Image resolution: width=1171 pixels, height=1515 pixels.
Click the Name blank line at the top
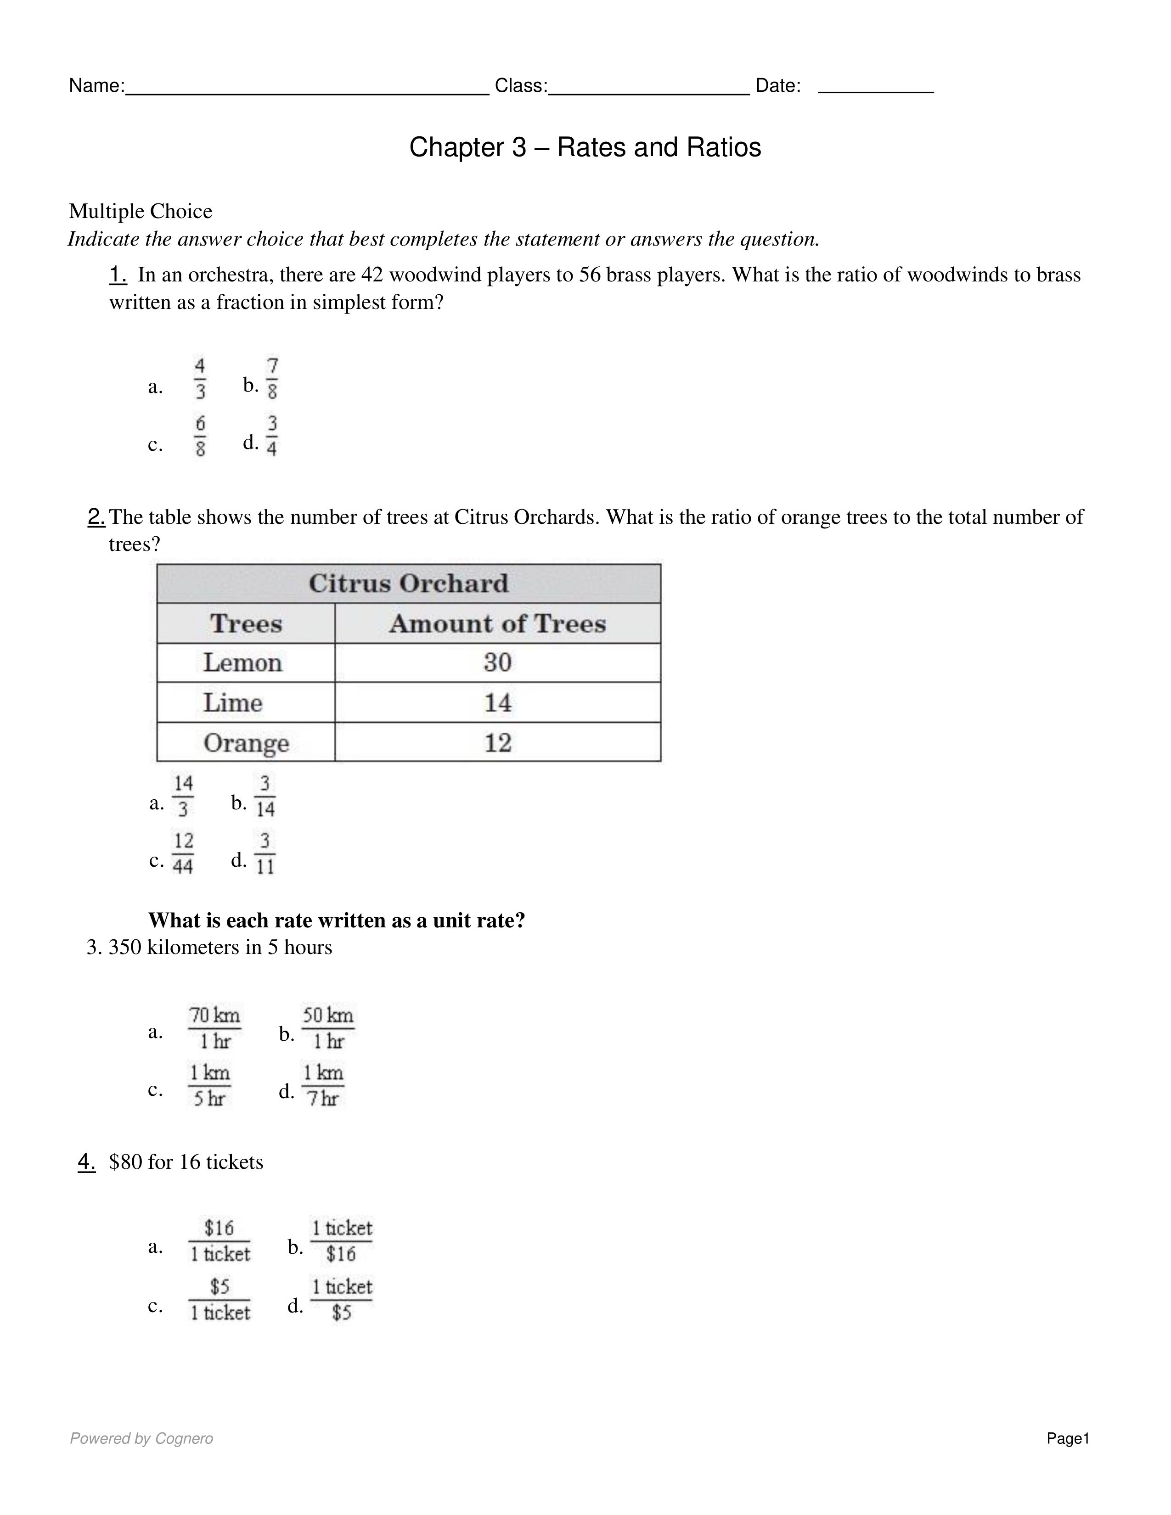[307, 90]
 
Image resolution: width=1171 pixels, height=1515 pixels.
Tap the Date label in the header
[777, 86]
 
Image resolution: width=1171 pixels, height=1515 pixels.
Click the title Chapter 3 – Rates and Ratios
[585, 147]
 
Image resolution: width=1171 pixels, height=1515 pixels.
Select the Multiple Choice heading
[140, 211]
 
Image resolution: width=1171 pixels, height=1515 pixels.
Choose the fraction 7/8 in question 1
[272, 379]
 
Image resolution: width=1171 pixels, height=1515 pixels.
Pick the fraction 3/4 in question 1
[272, 436]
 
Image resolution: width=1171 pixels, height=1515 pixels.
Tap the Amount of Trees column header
[497, 623]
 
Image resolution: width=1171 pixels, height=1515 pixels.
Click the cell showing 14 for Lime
[497, 703]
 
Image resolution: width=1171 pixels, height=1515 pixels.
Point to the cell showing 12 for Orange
[497, 743]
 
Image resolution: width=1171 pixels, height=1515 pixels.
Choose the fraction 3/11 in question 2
[265, 854]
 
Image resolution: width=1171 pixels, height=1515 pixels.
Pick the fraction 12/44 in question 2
[182, 854]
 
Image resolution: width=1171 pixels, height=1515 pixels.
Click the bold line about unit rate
[337, 920]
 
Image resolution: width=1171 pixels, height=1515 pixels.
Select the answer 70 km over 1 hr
[214, 1028]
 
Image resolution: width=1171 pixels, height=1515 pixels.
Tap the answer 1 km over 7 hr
[322, 1086]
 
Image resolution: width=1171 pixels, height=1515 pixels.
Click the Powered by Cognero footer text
[141, 1439]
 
